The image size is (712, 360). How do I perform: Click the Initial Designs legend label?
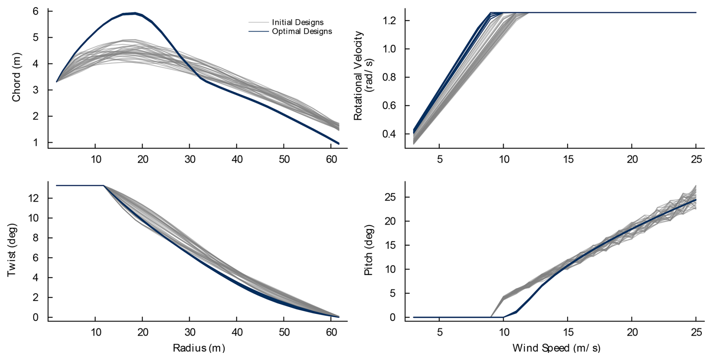[x=298, y=23]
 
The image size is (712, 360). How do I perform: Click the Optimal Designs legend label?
[x=302, y=31]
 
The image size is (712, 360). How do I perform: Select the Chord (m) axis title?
[x=16, y=77]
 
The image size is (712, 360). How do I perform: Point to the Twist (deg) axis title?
[x=12, y=250]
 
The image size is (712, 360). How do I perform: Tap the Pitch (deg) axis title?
[x=368, y=250]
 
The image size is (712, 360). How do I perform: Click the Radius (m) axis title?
[x=199, y=348]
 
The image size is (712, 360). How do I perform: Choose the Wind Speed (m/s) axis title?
[x=556, y=348]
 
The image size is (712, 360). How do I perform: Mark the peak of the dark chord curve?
[x=134, y=13]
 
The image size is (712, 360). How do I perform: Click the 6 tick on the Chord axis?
[x=35, y=11]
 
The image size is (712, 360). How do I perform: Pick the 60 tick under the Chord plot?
[x=331, y=159]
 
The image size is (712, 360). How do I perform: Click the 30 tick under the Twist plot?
[x=190, y=333]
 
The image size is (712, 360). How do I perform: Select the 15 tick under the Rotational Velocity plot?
[x=568, y=159]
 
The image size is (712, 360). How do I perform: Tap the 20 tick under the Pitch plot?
[x=632, y=333]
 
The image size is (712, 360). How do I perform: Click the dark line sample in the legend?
[x=258, y=31]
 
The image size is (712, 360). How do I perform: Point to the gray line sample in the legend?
[x=258, y=23]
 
